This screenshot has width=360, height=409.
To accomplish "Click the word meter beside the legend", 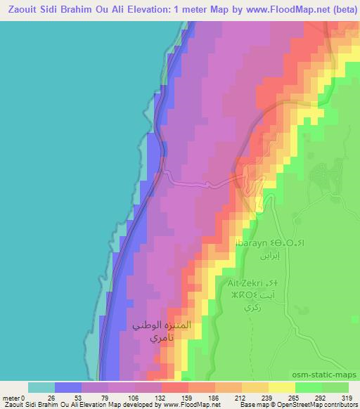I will (x=11, y=398).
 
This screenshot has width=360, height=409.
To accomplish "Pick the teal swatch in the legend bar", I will (x=41, y=387).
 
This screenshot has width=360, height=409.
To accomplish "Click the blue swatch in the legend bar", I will (x=68, y=387).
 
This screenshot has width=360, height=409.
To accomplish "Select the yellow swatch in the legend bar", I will (x=281, y=387).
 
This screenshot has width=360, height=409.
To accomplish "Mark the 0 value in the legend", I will (x=23, y=398).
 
